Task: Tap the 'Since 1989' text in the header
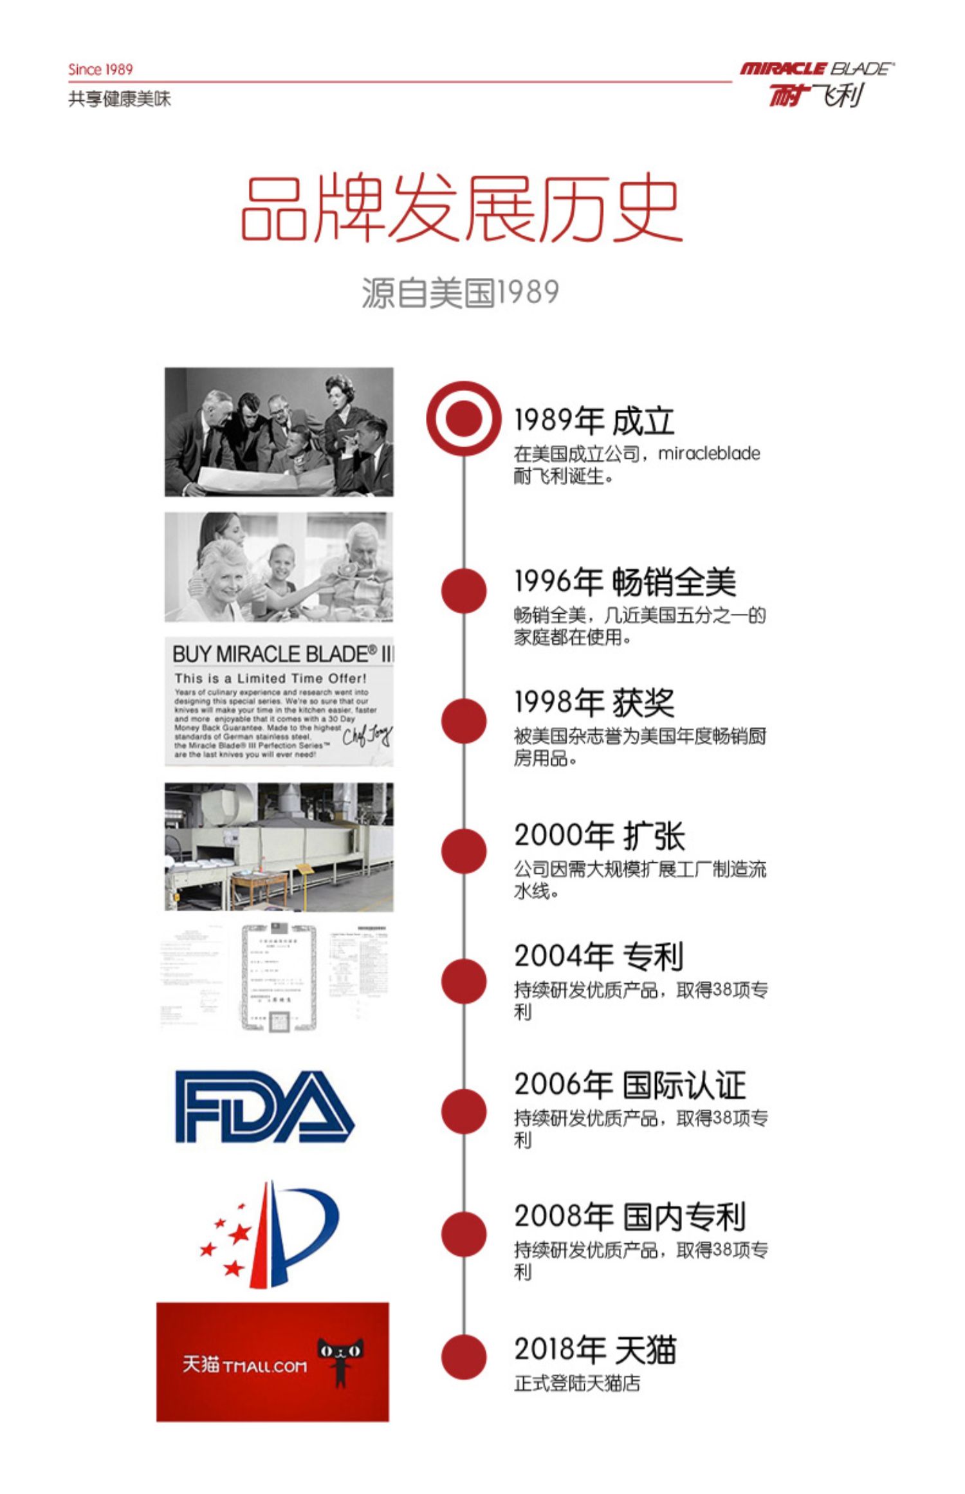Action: click(x=100, y=69)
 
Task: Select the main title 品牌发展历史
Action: click(x=461, y=208)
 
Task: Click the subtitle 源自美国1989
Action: click(x=460, y=293)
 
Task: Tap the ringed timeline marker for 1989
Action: click(x=463, y=419)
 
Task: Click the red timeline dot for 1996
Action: click(x=463, y=591)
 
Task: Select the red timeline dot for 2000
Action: click(x=463, y=851)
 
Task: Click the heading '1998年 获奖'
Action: click(x=594, y=703)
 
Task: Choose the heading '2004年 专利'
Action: click(x=598, y=956)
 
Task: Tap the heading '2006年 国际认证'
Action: click(x=630, y=1085)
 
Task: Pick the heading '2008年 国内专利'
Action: click(x=630, y=1216)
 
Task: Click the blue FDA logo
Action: click(x=264, y=1106)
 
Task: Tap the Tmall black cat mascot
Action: click(x=340, y=1358)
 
